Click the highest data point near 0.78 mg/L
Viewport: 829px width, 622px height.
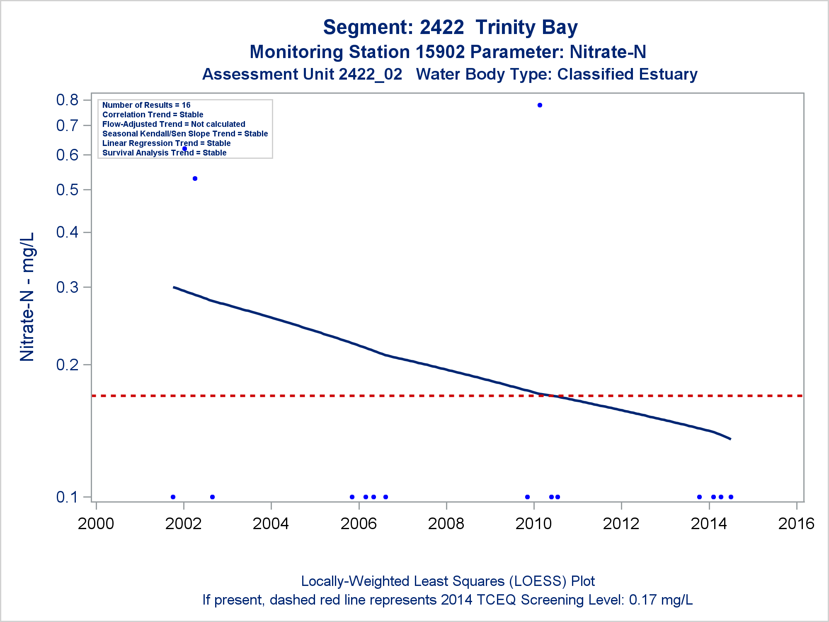540,105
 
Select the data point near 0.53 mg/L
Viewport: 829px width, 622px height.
195,179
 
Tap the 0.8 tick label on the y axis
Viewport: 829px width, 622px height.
67,100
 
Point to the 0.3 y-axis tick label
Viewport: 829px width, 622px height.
67,287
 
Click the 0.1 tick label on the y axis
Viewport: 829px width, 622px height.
67,497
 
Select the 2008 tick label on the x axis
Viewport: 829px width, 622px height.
446,524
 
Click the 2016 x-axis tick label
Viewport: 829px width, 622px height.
796,524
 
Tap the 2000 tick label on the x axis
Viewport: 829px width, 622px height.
96,524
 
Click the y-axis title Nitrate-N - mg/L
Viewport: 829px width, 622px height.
27,297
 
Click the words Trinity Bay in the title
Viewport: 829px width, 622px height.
526,27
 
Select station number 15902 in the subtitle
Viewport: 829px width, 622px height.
440,52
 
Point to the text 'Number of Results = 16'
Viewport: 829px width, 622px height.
146,105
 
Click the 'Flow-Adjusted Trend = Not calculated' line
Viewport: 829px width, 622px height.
174,124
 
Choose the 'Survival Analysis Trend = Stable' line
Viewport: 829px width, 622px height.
164,153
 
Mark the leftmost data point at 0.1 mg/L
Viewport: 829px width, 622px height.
173,497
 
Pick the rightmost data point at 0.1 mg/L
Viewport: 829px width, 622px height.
731,497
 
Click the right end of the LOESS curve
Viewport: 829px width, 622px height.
730,439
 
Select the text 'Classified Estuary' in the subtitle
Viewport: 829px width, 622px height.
627,75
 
